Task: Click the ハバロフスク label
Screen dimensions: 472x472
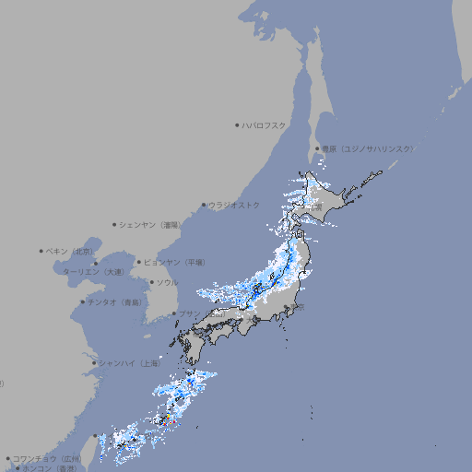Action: pyautogui.click(x=264, y=124)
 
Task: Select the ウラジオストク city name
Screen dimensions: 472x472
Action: pyautogui.click(x=234, y=205)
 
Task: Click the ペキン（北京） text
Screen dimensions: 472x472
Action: pyautogui.click(x=70, y=251)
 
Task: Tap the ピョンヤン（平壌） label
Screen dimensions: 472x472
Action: pyautogui.click(x=174, y=262)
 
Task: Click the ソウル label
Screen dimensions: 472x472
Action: pyautogui.click(x=167, y=282)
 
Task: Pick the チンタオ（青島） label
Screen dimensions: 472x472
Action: pyautogui.click(x=115, y=301)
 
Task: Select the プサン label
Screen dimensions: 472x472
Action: pyautogui.click(x=188, y=313)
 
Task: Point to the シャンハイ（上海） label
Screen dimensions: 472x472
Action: pyautogui.click(x=129, y=362)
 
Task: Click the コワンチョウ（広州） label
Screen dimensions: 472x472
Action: pyautogui.click(x=47, y=458)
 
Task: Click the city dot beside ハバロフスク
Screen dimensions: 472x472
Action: pyautogui.click(x=237, y=124)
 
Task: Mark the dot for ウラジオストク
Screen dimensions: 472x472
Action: pyautogui.click(x=204, y=205)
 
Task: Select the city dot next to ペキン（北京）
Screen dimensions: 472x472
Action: pyautogui.click(x=41, y=251)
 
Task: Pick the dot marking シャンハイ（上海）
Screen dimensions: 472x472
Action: pyautogui.click(x=94, y=362)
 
